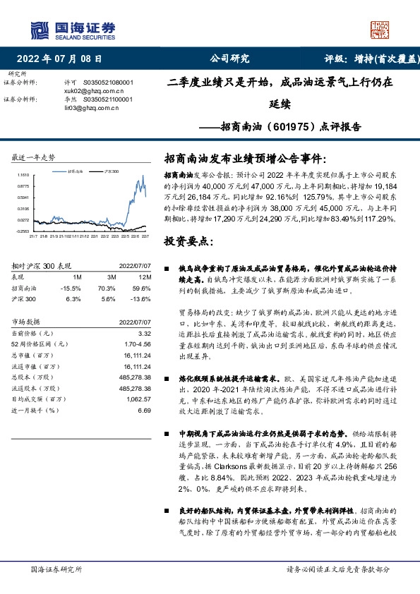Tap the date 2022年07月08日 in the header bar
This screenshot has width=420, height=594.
click(x=64, y=59)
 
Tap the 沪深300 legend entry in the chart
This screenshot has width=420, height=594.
click(x=109, y=171)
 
